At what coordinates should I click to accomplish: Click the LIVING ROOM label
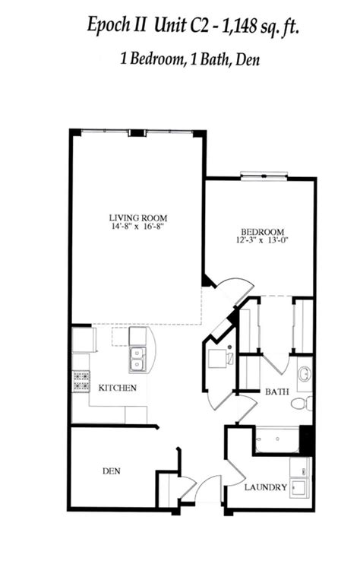(137, 216)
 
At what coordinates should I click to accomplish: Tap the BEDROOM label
(262, 232)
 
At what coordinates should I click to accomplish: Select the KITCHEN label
(117, 388)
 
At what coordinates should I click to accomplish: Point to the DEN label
(112, 471)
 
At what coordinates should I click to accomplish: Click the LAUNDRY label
(266, 487)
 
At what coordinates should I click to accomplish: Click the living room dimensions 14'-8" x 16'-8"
(137, 226)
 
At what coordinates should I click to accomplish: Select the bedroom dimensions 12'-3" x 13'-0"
(262, 241)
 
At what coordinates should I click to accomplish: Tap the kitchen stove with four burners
(81, 381)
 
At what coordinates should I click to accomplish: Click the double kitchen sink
(137, 360)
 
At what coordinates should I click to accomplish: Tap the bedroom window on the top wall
(264, 178)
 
